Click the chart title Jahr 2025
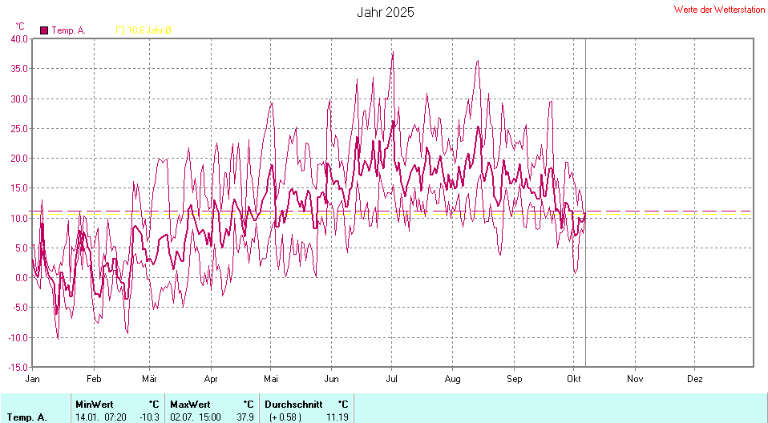tap(385, 13)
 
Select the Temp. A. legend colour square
tap(44, 30)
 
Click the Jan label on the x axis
tap(33, 378)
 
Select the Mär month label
tap(150, 378)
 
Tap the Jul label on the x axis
tap(393, 378)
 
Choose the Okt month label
tap(573, 378)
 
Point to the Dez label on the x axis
tap(695, 378)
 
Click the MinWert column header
tap(95, 404)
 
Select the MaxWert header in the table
tap(190, 404)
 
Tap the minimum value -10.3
tap(150, 417)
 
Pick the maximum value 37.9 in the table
tap(245, 417)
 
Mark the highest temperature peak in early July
tap(393, 53)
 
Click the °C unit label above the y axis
tap(20, 26)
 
